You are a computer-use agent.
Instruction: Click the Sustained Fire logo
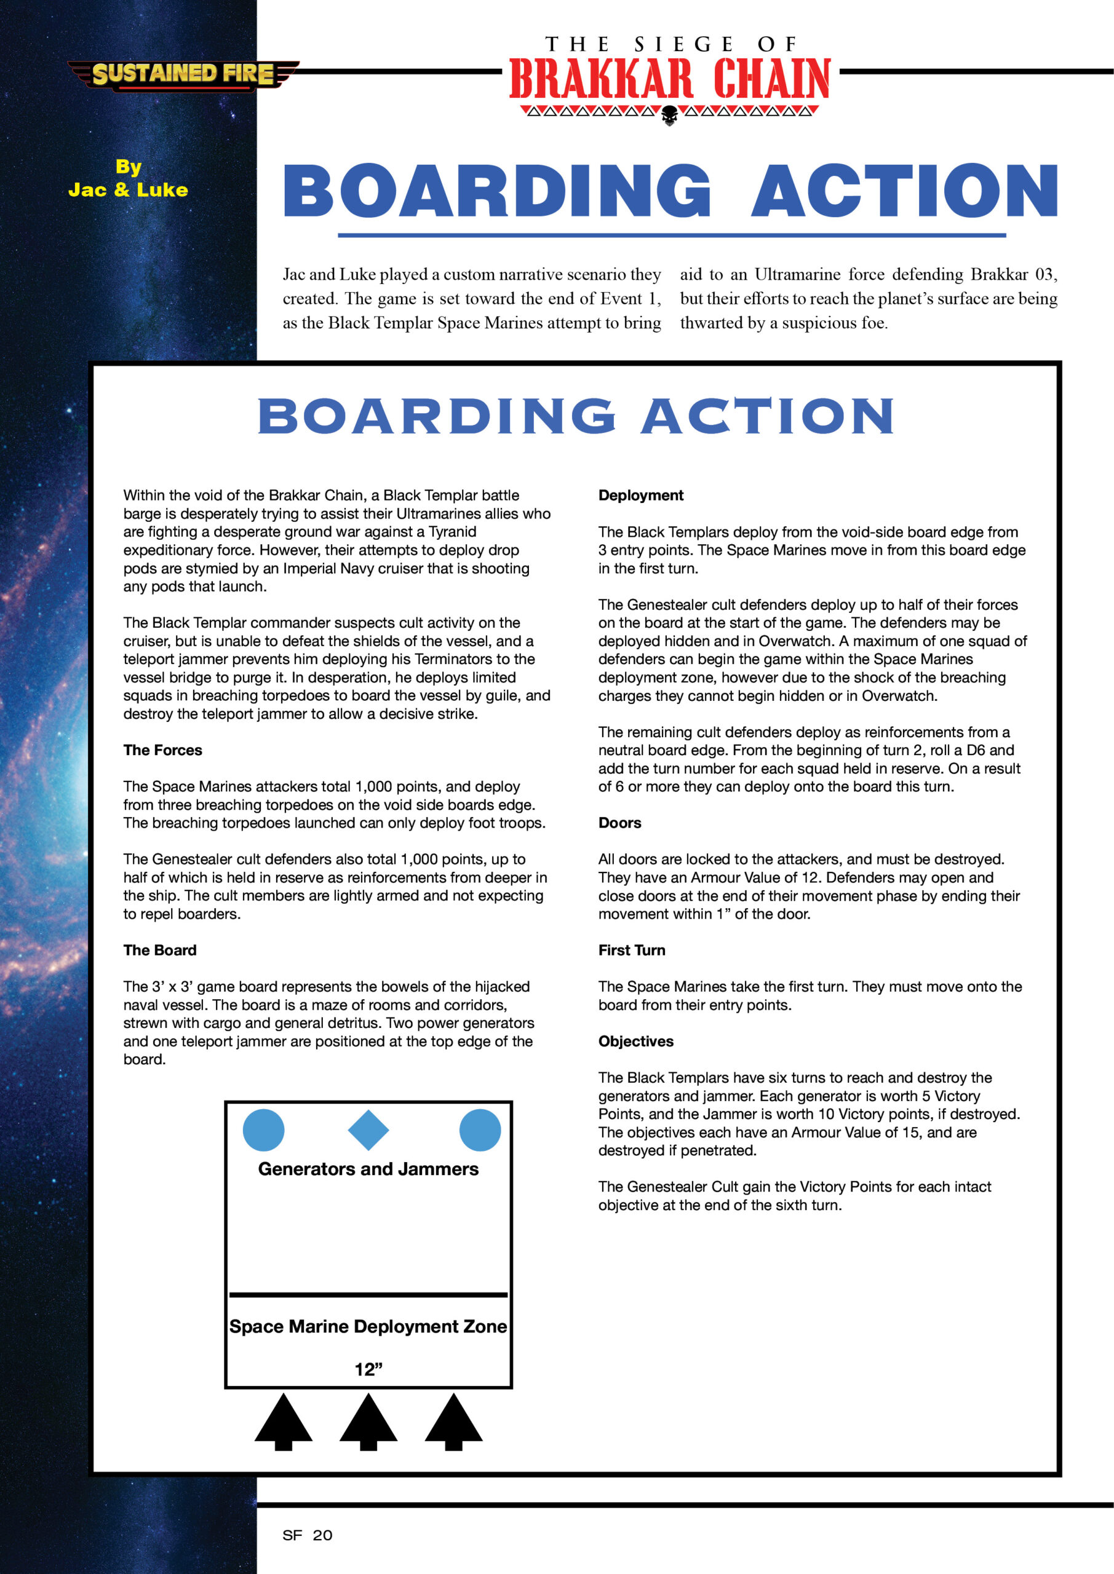(183, 74)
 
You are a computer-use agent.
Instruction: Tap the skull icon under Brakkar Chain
(669, 117)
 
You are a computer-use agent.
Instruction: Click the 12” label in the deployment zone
(368, 1369)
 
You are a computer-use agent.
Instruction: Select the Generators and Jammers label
(368, 1169)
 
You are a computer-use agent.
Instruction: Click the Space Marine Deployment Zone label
(368, 1326)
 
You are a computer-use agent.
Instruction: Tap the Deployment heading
(641, 495)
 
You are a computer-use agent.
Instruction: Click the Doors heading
(619, 823)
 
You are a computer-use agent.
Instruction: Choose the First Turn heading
(632, 950)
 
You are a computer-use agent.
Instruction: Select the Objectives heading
(636, 1042)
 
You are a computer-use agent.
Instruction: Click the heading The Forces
(162, 750)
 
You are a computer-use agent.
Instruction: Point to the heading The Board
(160, 950)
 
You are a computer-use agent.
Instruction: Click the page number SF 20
(308, 1535)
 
